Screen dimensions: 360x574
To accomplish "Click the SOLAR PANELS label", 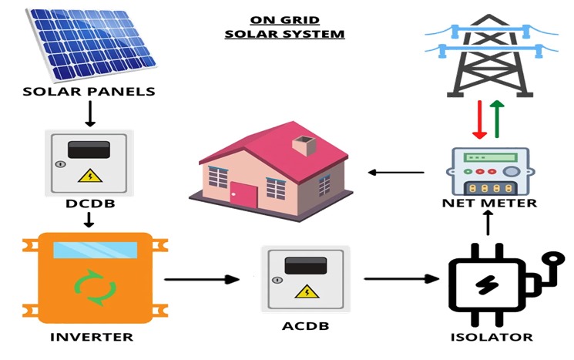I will click(x=89, y=92).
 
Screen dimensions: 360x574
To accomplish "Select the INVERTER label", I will click(x=92, y=337).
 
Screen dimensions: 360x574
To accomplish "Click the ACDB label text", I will click(x=306, y=326).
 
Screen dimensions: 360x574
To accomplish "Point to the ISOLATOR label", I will click(x=491, y=337).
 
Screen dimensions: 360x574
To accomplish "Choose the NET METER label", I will click(x=490, y=204).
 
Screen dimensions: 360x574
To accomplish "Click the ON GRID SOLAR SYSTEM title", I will click(x=284, y=27).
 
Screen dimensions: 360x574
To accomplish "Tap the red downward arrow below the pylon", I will click(x=479, y=119).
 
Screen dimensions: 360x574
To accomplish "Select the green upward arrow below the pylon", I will click(x=497, y=119).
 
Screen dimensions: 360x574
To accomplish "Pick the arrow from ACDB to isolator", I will click(x=397, y=278).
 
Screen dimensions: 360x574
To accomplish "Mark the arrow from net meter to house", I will click(x=396, y=172).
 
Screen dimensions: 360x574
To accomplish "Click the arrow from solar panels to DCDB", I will click(x=89, y=113).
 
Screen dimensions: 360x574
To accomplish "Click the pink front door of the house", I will click(x=246, y=195).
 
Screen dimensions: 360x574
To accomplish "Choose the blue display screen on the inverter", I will click(x=95, y=250).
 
